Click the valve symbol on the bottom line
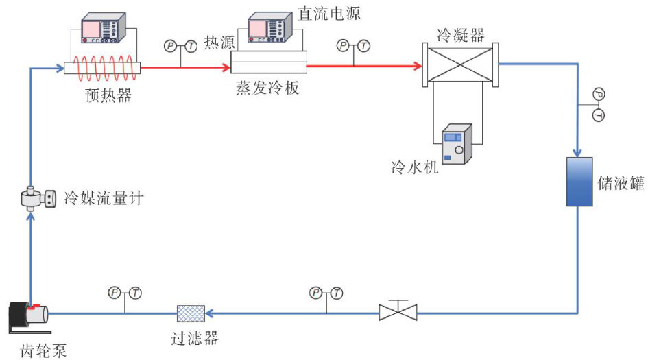[x=397, y=312]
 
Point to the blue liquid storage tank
[x=579, y=182]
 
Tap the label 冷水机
[x=414, y=167]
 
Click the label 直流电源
[x=328, y=13]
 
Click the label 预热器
[x=104, y=95]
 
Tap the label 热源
[x=219, y=43]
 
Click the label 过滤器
[x=195, y=337]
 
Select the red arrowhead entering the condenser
[x=416, y=67]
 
